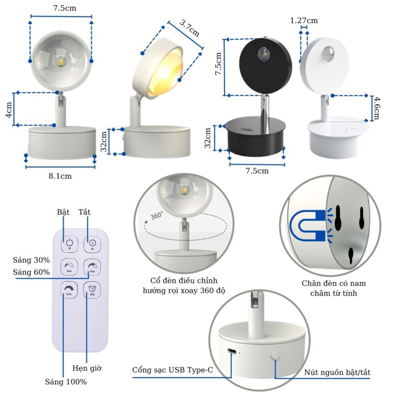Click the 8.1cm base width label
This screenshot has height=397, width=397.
(x=60, y=176)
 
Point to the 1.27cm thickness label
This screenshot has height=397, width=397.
(x=304, y=20)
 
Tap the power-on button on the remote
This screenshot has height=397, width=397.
(x=69, y=242)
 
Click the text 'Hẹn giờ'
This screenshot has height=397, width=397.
(x=87, y=368)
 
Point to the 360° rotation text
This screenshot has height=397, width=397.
(x=157, y=215)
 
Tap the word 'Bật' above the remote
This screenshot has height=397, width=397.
(x=63, y=212)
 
